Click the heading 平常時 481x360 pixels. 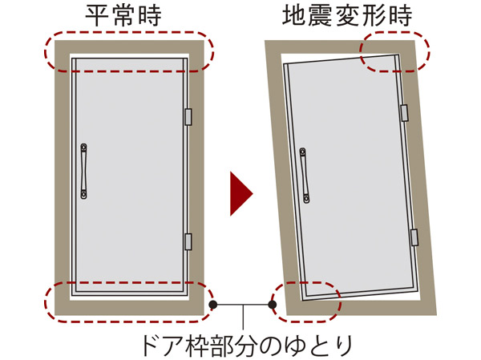(128, 16)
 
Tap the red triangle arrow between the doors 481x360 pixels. (240, 193)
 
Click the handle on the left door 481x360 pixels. (84, 172)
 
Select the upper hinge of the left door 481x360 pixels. (188, 116)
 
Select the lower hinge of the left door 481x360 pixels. (188, 241)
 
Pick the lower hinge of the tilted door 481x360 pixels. (414, 237)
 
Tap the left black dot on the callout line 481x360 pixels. (213, 305)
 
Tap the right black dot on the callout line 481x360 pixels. (273, 305)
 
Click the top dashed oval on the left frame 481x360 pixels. (128, 51)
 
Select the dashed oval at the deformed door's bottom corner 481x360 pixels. (308, 301)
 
